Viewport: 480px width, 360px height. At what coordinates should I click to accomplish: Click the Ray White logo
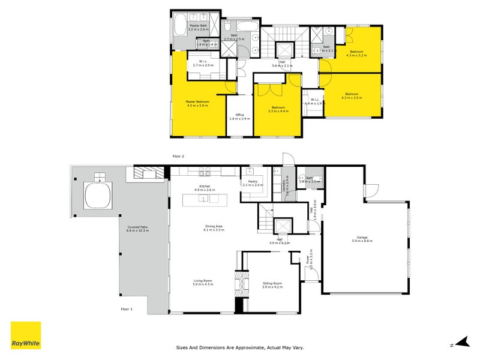pyautogui.click(x=26, y=335)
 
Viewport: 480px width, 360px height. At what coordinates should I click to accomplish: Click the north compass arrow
pyautogui.click(x=461, y=342)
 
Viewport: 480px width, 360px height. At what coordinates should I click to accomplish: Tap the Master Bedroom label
pyautogui.click(x=197, y=102)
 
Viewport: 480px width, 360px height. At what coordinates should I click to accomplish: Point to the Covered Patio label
pyautogui.click(x=138, y=227)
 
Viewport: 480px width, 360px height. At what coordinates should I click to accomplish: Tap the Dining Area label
pyautogui.click(x=214, y=226)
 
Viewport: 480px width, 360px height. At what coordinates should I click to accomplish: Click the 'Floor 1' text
pyautogui.click(x=127, y=309)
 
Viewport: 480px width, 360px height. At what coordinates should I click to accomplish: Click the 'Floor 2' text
pyautogui.click(x=178, y=156)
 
